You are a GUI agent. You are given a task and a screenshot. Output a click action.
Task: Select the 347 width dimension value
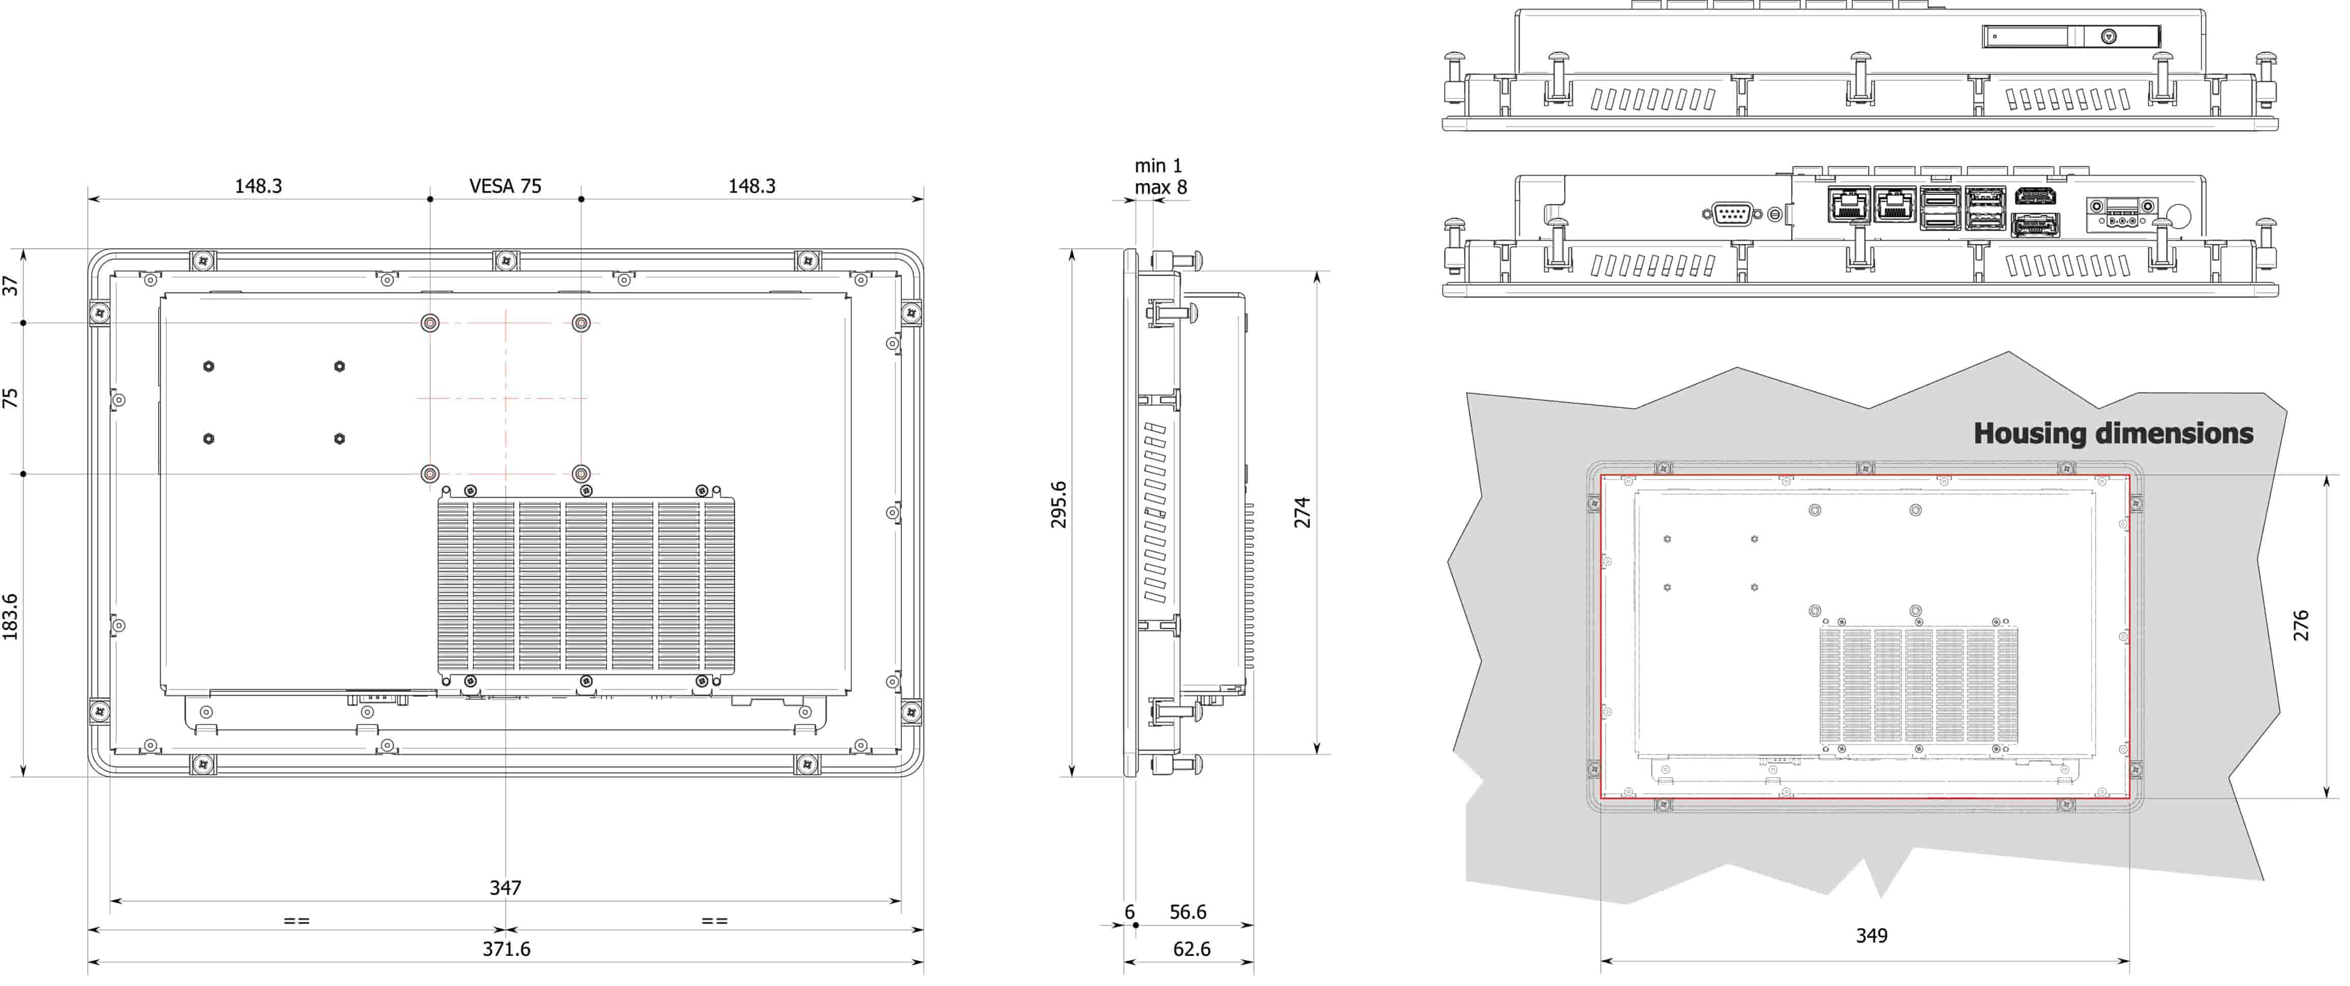[505, 887]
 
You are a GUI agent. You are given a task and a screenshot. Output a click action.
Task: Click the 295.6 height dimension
[1058, 504]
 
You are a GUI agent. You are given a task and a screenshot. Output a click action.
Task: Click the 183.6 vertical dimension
[10, 617]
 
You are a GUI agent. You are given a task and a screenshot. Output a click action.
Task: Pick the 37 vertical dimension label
[10, 285]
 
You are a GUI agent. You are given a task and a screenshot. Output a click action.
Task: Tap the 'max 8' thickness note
[1160, 187]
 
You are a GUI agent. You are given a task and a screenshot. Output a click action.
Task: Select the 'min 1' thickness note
[1158, 165]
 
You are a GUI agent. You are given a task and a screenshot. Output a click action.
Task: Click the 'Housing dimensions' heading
[2113, 433]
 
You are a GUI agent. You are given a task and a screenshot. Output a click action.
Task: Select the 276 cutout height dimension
[2301, 625]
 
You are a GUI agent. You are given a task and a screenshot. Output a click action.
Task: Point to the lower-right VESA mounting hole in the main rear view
[581, 473]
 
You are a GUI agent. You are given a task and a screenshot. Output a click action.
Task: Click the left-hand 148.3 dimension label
[258, 186]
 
